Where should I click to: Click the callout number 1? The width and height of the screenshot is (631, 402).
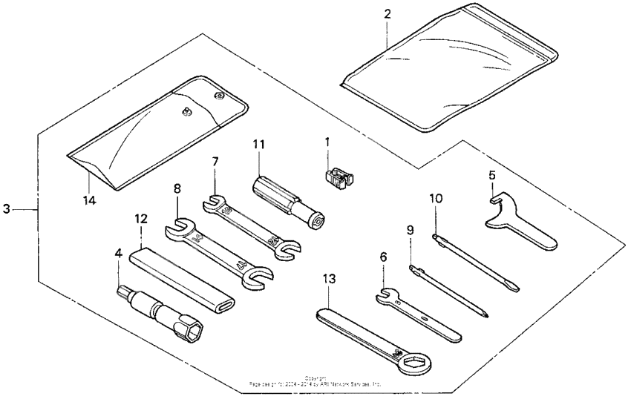pos(327,139)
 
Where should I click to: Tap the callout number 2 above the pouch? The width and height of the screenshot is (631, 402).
pos(387,14)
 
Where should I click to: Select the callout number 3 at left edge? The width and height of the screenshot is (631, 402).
pos(7,210)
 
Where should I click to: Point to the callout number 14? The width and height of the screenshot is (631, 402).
pos(91,200)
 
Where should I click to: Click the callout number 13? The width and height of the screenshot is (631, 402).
pos(329,279)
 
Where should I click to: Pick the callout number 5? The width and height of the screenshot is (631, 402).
pos(491,176)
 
